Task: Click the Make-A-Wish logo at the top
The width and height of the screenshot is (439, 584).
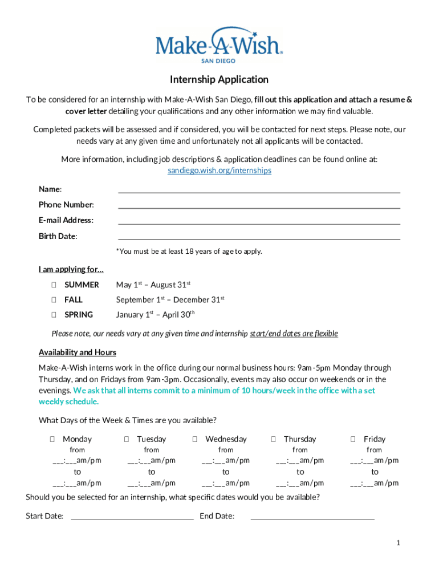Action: [x=219, y=44]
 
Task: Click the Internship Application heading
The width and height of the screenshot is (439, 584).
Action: [x=219, y=79]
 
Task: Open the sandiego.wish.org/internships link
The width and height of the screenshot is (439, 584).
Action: [x=219, y=171]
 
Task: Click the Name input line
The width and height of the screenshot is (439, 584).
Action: [x=259, y=190]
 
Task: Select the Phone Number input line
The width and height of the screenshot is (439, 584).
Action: [x=259, y=205]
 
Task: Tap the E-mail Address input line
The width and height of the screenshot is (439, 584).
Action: [x=259, y=221]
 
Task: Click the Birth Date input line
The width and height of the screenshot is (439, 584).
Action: [x=259, y=237]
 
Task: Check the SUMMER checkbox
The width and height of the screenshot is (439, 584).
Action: [x=53, y=285]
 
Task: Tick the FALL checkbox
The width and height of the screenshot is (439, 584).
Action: [x=53, y=299]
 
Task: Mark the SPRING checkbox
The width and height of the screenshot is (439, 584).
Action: [x=53, y=314]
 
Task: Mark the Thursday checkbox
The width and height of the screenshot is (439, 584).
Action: [x=273, y=439]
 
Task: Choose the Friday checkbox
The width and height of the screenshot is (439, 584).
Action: [x=353, y=439]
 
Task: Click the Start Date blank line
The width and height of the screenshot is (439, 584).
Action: [x=132, y=517]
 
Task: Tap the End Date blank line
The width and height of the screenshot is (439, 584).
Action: [x=312, y=517]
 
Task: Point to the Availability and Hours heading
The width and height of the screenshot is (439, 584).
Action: [x=78, y=352]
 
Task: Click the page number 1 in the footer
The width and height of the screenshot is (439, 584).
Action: [x=399, y=543]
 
